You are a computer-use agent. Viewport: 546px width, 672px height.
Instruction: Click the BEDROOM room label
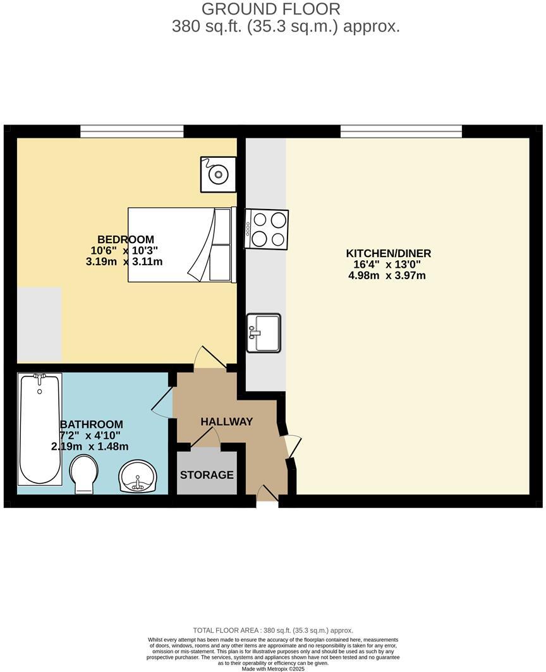click(125, 239)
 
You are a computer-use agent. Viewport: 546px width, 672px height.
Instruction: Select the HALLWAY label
click(226, 421)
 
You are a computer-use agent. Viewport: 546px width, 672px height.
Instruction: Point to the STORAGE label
click(207, 474)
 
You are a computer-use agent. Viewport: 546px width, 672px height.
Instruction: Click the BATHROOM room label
click(91, 424)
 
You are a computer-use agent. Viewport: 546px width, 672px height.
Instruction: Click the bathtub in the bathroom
click(40, 429)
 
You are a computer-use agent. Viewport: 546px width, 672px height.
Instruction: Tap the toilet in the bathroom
click(83, 475)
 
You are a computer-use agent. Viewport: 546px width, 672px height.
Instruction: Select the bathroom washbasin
click(138, 476)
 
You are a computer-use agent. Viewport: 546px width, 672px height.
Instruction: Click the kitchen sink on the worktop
click(264, 333)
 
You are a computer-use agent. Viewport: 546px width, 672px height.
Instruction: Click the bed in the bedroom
click(181, 244)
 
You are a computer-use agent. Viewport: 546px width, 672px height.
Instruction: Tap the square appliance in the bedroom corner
click(218, 174)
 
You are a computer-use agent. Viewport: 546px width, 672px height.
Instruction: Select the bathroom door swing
click(162, 403)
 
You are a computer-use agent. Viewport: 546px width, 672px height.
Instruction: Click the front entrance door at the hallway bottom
click(267, 493)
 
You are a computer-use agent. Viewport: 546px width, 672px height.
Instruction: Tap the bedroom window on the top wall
click(131, 131)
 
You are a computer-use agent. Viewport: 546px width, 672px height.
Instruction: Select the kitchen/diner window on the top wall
click(401, 131)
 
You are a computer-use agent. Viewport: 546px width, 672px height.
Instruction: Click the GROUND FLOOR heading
click(271, 9)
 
